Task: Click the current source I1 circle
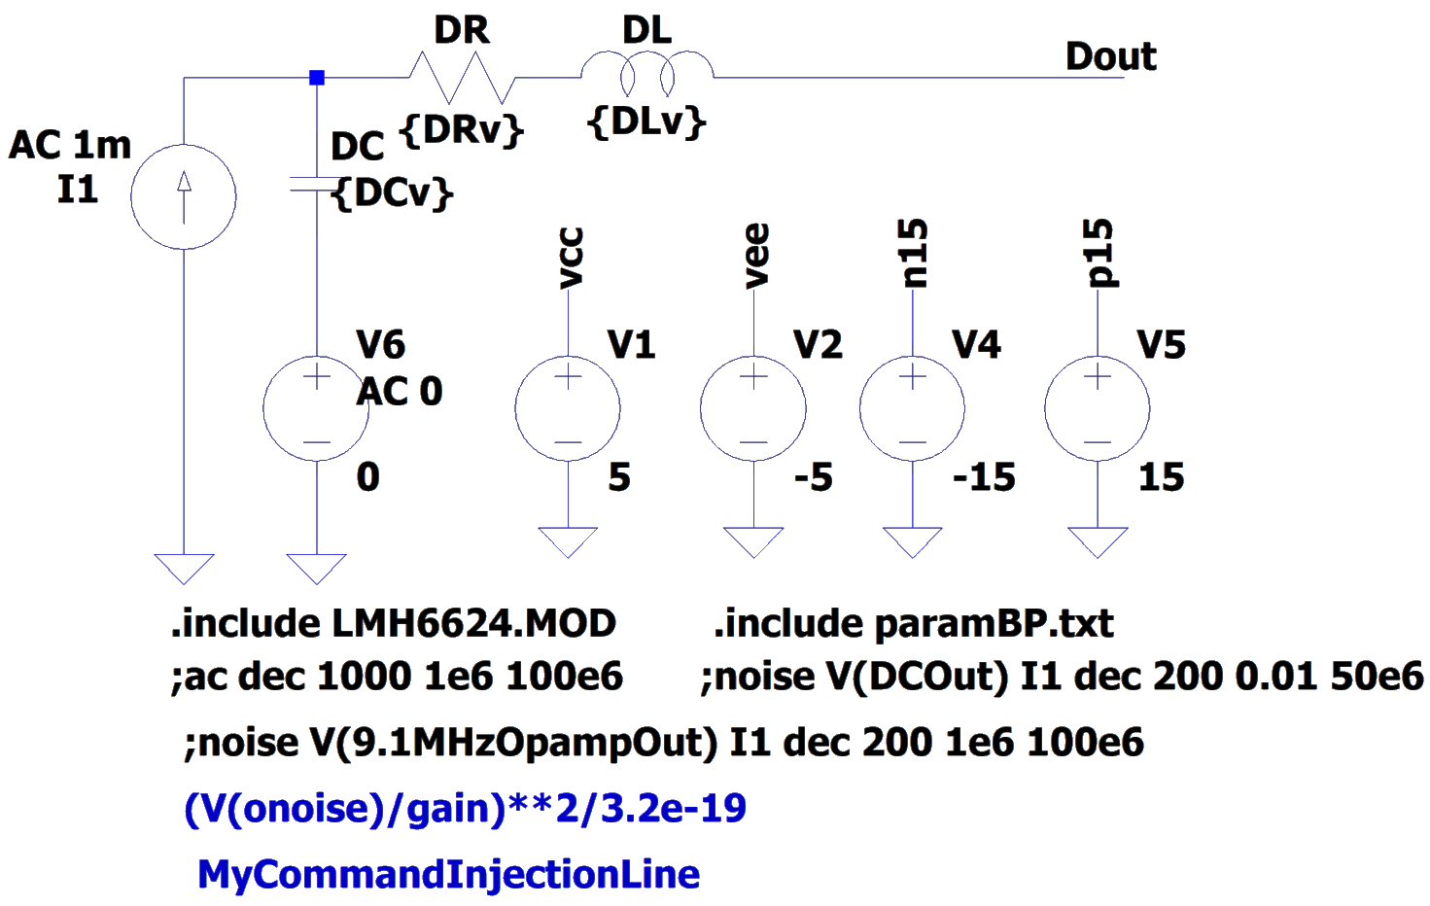pyautogui.click(x=184, y=197)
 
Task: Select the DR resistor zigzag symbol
pyautogui.click(x=461, y=78)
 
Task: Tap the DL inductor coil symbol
pyautogui.click(x=646, y=76)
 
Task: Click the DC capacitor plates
pyautogui.click(x=317, y=185)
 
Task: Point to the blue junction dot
pyautogui.click(x=316, y=78)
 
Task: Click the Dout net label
pyautogui.click(x=1111, y=56)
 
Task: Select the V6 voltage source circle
pyautogui.click(x=317, y=408)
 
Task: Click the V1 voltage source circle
pyautogui.click(x=568, y=408)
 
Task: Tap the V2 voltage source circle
pyautogui.click(x=753, y=408)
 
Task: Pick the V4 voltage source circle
pyautogui.click(x=913, y=408)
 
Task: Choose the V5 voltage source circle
pyautogui.click(x=1098, y=408)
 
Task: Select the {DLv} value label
pyautogui.click(x=647, y=122)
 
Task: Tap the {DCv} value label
pyautogui.click(x=393, y=193)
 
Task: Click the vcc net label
pyautogui.click(x=571, y=259)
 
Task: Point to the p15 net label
pyautogui.click(x=1099, y=254)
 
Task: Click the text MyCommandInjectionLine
pyautogui.click(x=448, y=874)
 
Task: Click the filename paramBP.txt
pyautogui.click(x=994, y=623)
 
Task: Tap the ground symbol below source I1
pyautogui.click(x=184, y=568)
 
